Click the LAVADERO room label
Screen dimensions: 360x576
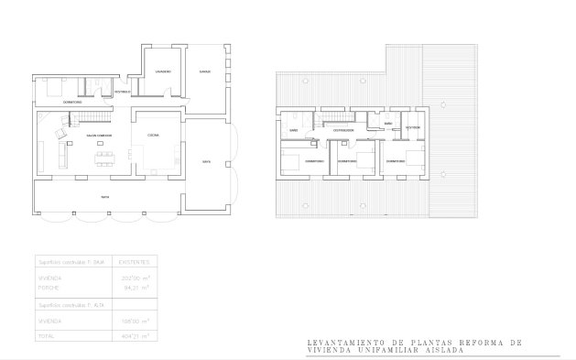point(162,71)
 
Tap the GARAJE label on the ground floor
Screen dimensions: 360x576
point(206,71)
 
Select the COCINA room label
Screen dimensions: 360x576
point(153,135)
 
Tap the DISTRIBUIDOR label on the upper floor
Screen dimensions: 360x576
point(343,130)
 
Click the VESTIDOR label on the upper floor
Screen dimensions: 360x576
point(413,127)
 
